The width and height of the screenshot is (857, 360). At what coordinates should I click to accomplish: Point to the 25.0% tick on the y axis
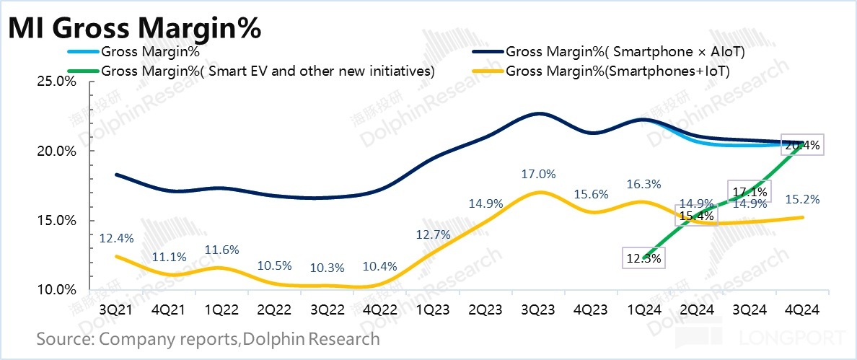[x=56, y=82]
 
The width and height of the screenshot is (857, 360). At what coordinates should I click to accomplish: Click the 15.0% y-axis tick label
[x=56, y=221]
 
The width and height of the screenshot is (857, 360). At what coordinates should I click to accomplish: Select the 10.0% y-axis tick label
[x=56, y=290]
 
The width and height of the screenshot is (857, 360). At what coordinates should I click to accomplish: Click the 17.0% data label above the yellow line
[x=538, y=174]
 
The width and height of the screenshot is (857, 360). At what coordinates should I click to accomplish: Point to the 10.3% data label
[x=328, y=267]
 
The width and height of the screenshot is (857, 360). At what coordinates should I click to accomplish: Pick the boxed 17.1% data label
[x=750, y=191]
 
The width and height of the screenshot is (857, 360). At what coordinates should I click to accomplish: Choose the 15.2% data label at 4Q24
[x=803, y=199]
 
